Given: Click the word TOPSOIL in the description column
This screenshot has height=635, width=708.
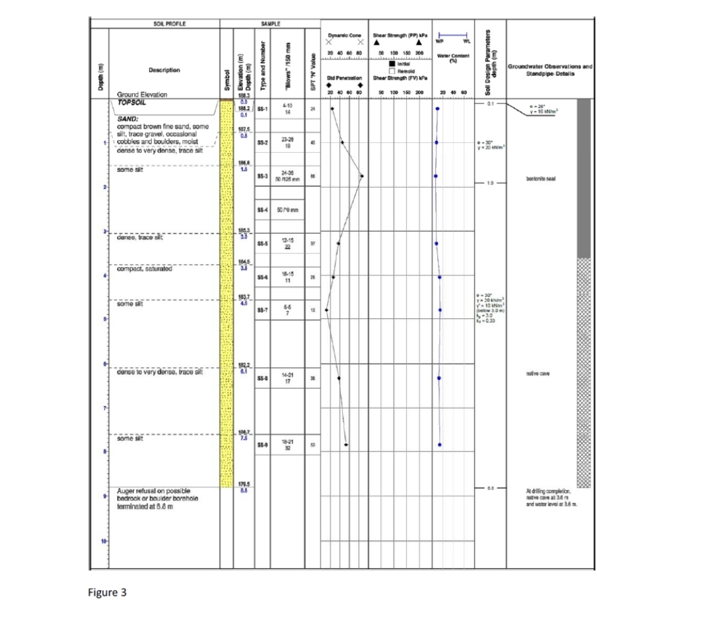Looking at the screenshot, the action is point(132,103).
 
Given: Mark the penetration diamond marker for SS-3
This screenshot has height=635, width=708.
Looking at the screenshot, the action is point(362,175).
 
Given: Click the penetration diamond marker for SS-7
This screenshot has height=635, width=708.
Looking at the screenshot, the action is point(326,310).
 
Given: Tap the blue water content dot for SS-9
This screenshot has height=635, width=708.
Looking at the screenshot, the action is point(440,445).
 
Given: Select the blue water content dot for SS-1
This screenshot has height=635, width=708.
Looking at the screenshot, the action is point(437,108).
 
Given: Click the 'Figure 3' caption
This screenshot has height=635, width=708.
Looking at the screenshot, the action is point(107,591).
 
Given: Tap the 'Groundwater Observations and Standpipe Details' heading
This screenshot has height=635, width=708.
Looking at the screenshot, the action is point(550,70).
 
